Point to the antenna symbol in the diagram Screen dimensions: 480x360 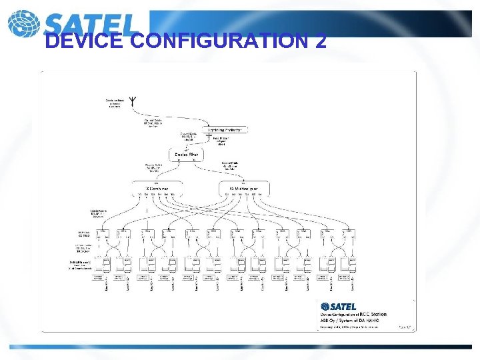(133, 102)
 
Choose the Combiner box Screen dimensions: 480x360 (157, 188)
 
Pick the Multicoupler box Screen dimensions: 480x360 (244, 188)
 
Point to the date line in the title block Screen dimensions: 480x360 (347, 326)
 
